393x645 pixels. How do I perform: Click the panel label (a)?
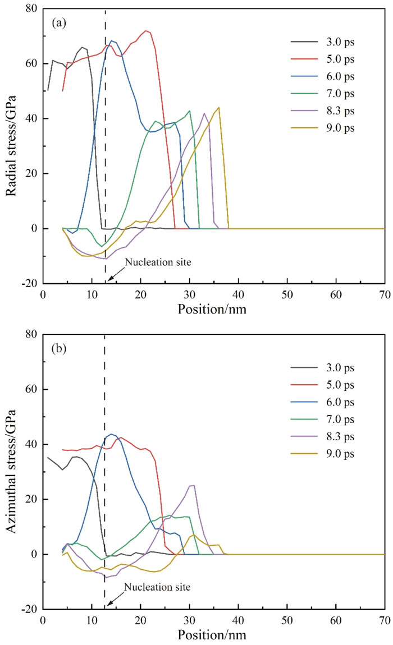coord(59,23)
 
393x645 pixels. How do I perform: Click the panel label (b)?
coord(59,349)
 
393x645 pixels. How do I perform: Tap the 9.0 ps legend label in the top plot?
coord(340,128)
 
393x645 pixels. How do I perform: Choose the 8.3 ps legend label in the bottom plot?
coord(340,436)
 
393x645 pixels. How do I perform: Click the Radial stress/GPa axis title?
coord(11,146)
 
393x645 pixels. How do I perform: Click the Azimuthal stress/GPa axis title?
coord(11,471)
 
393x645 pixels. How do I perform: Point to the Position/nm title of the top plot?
coord(212,308)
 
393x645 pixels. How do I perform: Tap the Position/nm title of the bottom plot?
coord(212,634)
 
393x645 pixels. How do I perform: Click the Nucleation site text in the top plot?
coord(158,262)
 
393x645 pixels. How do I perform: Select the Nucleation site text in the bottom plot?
coord(157,587)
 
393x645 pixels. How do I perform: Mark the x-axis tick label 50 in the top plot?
coord(287,294)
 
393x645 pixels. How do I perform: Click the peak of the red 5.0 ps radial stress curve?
coord(146,30)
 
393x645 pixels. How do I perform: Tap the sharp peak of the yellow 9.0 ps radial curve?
coord(219,107)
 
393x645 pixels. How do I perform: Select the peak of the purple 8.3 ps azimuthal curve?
coord(193,485)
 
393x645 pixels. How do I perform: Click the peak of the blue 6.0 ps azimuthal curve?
coord(111,434)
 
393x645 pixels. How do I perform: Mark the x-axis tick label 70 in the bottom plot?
coord(385,620)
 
